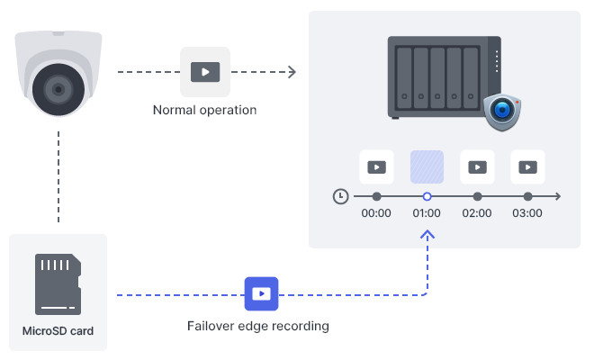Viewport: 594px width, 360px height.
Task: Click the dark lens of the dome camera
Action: (58, 89)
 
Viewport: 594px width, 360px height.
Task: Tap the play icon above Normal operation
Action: (205, 72)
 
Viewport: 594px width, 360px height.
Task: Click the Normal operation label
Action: (204, 110)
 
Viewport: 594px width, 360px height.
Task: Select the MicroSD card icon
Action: (58, 284)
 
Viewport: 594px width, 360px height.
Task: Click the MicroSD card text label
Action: (58, 331)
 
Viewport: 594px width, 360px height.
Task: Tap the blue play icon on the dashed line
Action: (261, 293)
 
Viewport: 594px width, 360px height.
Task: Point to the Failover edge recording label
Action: (258, 326)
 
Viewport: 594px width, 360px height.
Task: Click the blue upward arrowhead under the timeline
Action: (427, 235)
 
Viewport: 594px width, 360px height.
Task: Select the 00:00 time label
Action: (376, 213)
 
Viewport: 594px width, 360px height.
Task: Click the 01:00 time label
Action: (427, 213)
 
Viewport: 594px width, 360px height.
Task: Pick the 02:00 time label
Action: (477, 213)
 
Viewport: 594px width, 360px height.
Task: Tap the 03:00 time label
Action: (527, 213)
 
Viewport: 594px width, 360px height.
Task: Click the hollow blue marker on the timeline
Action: (427, 196)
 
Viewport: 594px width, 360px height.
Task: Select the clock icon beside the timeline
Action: (340, 196)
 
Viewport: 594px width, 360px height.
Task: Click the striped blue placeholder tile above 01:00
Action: (427, 166)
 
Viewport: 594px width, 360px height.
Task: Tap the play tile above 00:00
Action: (376, 166)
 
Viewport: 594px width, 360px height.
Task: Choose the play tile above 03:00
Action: (527, 166)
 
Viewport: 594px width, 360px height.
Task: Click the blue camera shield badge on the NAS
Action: (502, 112)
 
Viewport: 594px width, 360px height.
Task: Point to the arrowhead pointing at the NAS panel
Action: (292, 72)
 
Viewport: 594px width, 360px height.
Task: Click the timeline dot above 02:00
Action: (477, 196)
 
